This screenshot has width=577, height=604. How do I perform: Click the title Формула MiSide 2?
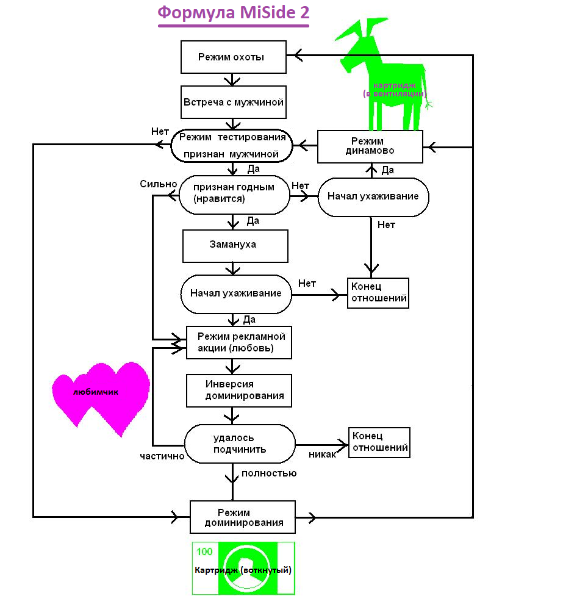pyautogui.click(x=234, y=13)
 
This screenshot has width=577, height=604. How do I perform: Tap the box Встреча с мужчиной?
pyautogui.click(x=234, y=102)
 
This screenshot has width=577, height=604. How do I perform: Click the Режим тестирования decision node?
pyautogui.click(x=231, y=145)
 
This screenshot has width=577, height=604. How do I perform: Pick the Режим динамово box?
pyautogui.click(x=370, y=146)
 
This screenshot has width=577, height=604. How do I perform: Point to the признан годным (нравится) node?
pyautogui.click(x=234, y=193)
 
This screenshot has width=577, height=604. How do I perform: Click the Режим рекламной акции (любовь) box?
pyautogui.click(x=239, y=342)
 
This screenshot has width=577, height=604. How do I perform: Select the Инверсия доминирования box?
pyautogui.click(x=239, y=390)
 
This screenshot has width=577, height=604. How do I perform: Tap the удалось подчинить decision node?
pyautogui.click(x=239, y=444)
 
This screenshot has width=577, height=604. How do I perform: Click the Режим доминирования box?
pyautogui.click(x=242, y=517)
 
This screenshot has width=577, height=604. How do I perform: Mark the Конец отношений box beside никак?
pyautogui.click(x=379, y=442)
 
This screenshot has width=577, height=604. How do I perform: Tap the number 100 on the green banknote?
pyautogui.click(x=205, y=552)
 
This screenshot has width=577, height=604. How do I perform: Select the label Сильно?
pyautogui.click(x=158, y=184)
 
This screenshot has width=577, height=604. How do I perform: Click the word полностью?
pyautogui.click(x=269, y=473)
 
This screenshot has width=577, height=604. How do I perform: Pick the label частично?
pyautogui.click(x=162, y=456)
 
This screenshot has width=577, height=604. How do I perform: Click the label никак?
pyautogui.click(x=322, y=455)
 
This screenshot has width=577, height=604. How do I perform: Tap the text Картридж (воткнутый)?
pyautogui.click(x=243, y=570)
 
